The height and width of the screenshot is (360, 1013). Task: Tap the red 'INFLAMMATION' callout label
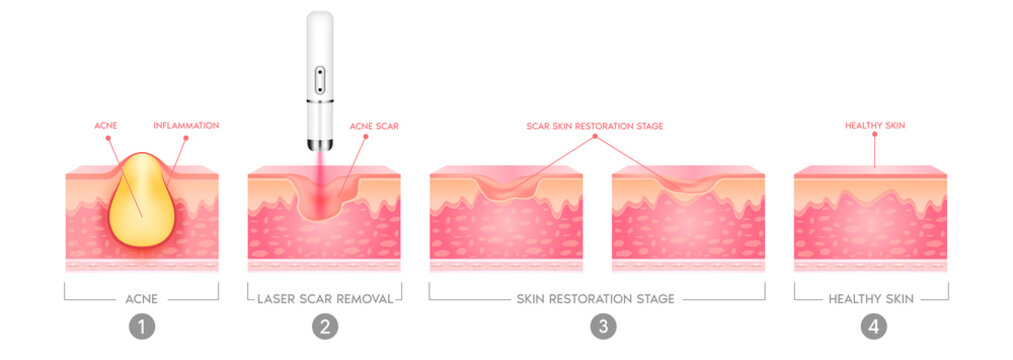186,126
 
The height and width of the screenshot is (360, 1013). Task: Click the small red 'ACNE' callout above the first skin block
106,126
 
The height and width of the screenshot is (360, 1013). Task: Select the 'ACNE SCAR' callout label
374,126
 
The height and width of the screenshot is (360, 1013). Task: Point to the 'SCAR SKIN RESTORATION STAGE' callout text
595,126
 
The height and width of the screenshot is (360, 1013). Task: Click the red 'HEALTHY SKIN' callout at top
874,126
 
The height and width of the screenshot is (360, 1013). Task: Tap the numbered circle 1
142,326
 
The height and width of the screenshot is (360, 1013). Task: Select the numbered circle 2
324,326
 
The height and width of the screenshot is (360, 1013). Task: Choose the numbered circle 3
597,326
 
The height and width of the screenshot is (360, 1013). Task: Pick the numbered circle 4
871,326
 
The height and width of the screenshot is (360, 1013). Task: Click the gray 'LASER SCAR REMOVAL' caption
324,298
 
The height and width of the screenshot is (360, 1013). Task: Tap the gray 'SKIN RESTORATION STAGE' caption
597,298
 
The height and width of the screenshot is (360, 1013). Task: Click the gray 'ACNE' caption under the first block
142,298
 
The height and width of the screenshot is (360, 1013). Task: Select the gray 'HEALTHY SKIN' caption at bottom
871,298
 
